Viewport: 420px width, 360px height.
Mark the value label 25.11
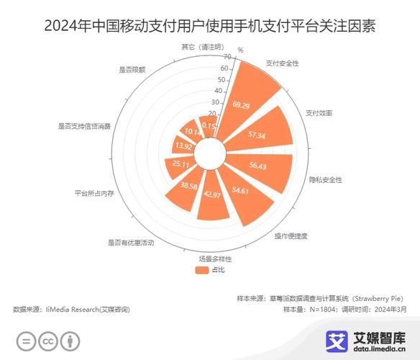point(181,164)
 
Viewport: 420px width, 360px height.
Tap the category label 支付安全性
point(282,63)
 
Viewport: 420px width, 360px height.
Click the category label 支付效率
point(318,113)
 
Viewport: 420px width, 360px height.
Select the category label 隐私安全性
point(325,179)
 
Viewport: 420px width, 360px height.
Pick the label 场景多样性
point(216,258)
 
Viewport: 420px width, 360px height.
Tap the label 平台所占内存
point(93,193)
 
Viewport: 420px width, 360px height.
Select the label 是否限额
point(132,70)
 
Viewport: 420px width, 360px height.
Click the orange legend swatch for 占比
point(201,269)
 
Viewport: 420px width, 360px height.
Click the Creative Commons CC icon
point(48,340)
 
